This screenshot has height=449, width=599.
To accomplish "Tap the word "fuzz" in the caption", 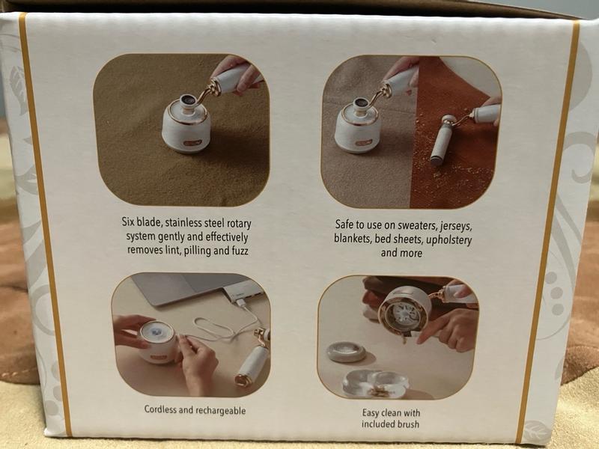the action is tap(240, 251).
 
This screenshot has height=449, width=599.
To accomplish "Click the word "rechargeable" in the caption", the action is tap(220, 411).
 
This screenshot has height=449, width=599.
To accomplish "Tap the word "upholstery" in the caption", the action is tap(449, 240).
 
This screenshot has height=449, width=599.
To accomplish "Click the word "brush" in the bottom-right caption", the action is tap(409, 424).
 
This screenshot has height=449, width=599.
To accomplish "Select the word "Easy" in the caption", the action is tap(371, 413).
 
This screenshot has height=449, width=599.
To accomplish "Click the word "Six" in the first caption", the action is tap(128, 222).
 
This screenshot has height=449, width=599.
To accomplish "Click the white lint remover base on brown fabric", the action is tap(186, 122).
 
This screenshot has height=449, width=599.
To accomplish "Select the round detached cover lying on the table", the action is tap(346, 352).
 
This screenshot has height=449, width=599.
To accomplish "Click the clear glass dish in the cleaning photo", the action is tap(376, 384).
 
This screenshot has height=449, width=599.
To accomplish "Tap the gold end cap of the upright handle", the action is tap(243, 380).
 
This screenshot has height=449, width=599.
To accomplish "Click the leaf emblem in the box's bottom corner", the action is tap(536, 432).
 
